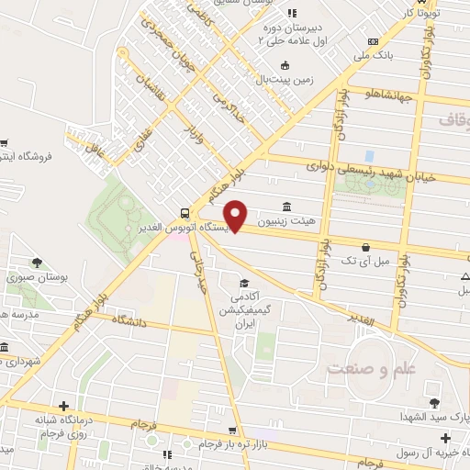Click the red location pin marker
[x=236, y=214]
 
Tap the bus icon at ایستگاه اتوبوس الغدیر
[x=185, y=208]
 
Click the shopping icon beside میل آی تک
[x=366, y=247]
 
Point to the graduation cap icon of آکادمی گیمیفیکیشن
[x=244, y=283]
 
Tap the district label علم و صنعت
[x=367, y=368]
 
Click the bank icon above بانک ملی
[x=372, y=41]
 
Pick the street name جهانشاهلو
[x=392, y=93]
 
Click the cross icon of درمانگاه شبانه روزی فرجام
[x=62, y=407]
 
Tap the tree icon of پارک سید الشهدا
[x=433, y=401]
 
